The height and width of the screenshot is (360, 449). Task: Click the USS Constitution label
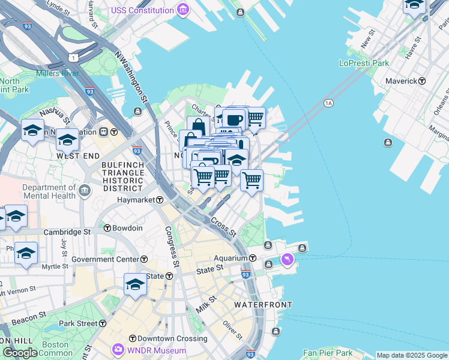(142, 10)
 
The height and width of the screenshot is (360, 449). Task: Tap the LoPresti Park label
(364, 63)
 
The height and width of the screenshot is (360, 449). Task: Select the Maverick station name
(402, 80)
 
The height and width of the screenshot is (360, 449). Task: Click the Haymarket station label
(136, 199)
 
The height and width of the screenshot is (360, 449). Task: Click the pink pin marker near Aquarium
(288, 259)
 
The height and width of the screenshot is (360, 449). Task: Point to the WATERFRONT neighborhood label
(258, 305)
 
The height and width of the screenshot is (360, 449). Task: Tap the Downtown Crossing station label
(172, 338)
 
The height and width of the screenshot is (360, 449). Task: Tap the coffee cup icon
(234, 118)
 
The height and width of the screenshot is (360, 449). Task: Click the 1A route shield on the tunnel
(328, 103)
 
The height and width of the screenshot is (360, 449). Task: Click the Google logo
(20, 353)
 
